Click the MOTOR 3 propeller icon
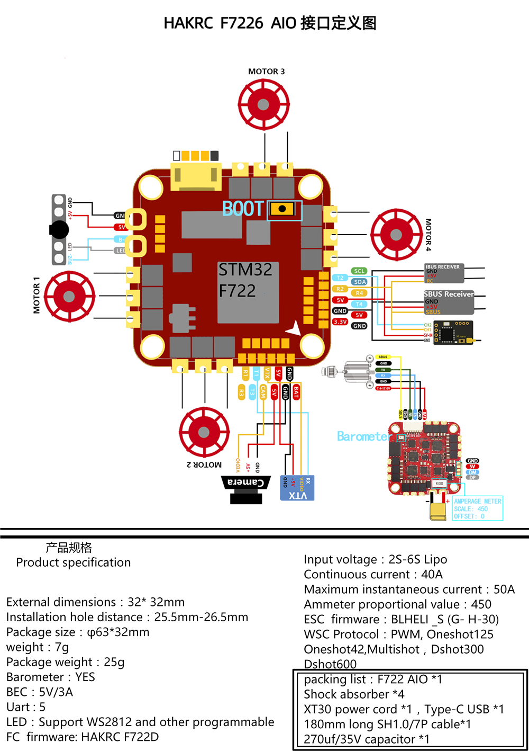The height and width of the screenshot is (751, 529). tap(263, 104)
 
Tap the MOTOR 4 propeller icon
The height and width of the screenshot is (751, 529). tap(396, 234)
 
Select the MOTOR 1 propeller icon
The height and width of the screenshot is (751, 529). tap(69, 297)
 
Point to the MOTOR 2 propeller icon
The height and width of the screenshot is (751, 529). tap(204, 432)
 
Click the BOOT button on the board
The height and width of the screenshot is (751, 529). tap(282, 209)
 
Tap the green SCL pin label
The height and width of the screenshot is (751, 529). tap(359, 271)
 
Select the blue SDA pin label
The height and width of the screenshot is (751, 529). tap(360, 282)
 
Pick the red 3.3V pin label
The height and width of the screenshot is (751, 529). tap(340, 321)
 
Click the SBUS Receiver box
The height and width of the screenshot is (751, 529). tap(449, 302)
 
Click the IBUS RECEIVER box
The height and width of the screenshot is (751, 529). tap(444, 273)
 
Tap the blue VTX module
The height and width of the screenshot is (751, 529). tap(297, 488)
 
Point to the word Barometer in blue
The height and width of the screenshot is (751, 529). tap(364, 436)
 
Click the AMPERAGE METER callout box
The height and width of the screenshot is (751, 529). tap(477, 508)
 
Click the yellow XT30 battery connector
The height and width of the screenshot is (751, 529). tap(438, 511)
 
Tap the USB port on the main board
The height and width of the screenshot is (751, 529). tap(195, 176)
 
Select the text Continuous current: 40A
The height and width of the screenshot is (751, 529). tap(373, 575)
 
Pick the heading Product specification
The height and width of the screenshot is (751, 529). tap(73, 562)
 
